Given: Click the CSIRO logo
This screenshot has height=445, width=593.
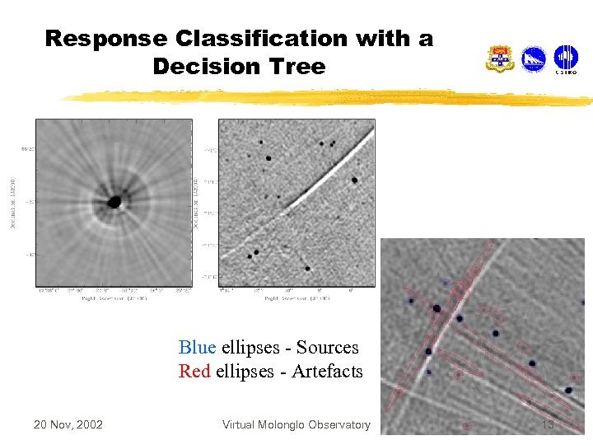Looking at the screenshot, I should coord(566,59).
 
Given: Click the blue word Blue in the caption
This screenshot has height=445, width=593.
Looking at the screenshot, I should coord(197,348).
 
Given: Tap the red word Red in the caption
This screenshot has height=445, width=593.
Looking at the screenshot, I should coord(195,372).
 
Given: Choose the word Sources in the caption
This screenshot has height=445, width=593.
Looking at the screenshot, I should coord(327,348).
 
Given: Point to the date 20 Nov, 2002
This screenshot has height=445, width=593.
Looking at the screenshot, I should coord(68,424).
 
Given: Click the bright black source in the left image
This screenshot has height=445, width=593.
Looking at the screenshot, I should coord(114,202).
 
